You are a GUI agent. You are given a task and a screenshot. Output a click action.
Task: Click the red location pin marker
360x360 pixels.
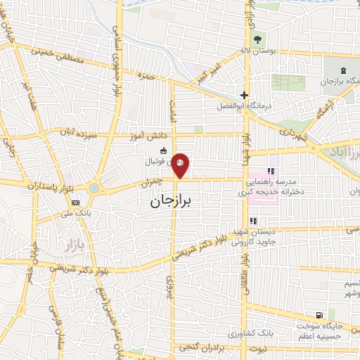click(x=181, y=165)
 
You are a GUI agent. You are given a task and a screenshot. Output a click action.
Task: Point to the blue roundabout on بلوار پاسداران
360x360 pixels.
click(x=94, y=188)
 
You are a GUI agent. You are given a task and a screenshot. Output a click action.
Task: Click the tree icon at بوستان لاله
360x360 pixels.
click(x=256, y=39)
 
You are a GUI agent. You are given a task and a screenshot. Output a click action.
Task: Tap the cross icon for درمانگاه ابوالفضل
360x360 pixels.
click(x=244, y=95)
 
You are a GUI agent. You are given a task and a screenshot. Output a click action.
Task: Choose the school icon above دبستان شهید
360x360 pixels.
click(x=252, y=221)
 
